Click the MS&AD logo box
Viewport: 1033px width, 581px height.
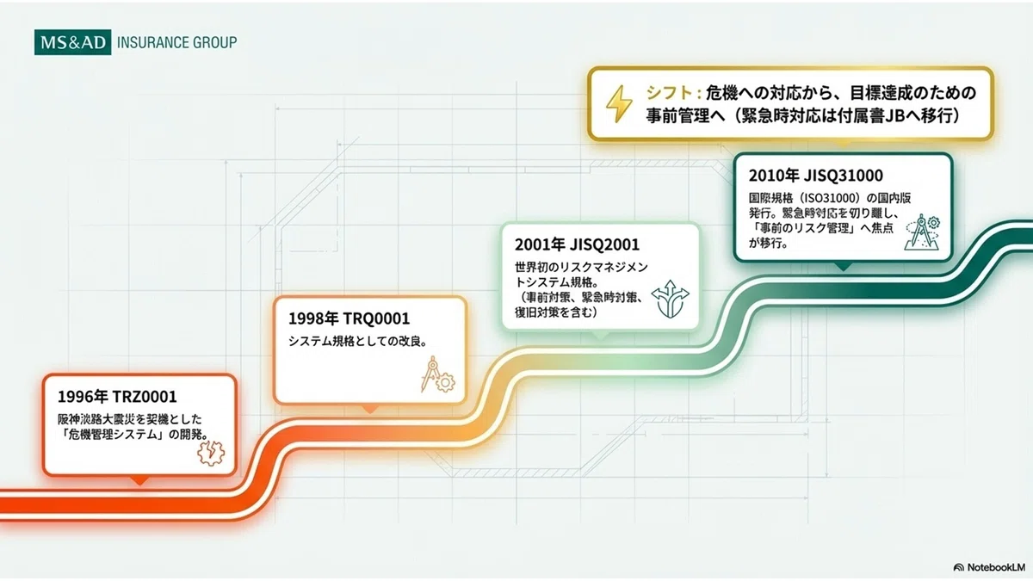[x=73, y=42]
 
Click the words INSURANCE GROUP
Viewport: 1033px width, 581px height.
[x=177, y=43]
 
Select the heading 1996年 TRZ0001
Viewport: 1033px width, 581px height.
[x=117, y=397]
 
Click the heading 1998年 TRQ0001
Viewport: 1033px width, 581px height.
[x=349, y=318]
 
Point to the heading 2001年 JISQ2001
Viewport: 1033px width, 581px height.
[x=577, y=244]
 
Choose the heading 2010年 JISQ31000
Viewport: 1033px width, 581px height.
[x=815, y=176]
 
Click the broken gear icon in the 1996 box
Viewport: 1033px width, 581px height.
[x=211, y=453]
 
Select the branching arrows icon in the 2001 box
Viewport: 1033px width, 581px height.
[x=670, y=300]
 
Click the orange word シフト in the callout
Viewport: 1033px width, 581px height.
[x=667, y=93]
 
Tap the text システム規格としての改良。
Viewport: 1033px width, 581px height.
[x=358, y=341]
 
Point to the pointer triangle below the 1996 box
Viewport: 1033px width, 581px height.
[x=139, y=480]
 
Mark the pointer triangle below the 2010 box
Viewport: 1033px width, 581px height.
[x=844, y=267]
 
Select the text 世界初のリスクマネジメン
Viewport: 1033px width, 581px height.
[x=582, y=268]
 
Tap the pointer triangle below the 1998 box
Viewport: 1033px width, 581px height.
[x=370, y=409]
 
